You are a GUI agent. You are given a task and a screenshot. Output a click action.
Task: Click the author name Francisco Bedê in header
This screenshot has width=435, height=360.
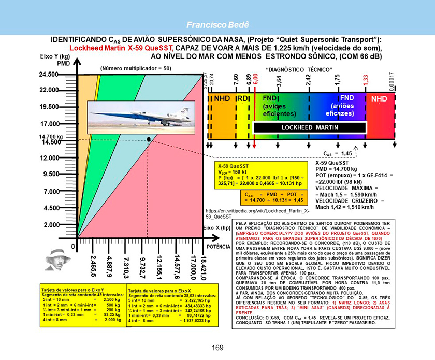pyautogui.click(x=218, y=24)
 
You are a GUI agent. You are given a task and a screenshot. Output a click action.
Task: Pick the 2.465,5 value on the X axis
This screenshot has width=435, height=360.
pyautogui.click(x=93, y=267)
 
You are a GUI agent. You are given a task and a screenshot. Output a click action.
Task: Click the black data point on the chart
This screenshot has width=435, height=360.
pyautogui.click(x=149, y=139)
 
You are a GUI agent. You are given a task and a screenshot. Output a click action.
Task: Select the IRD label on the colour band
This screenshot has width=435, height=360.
pyautogui.click(x=242, y=98)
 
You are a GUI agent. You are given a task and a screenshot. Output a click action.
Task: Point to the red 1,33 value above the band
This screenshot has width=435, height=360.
pyautogui.click(x=365, y=80)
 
